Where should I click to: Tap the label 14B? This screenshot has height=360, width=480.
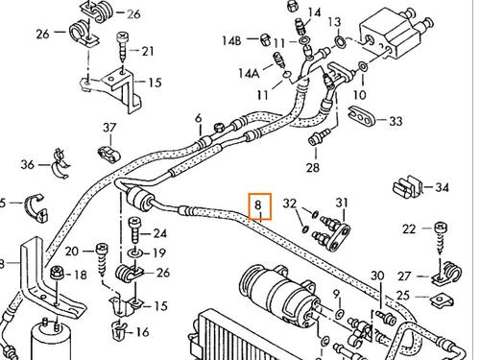point(232,40)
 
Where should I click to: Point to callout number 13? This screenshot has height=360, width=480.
point(334,22)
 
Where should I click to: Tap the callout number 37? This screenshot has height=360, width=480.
point(108,128)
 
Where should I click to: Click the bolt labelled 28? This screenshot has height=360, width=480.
point(313,144)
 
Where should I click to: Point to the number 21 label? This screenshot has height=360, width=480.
point(147,50)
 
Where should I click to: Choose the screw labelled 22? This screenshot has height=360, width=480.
point(441,229)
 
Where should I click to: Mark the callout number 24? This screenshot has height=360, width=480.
point(159,233)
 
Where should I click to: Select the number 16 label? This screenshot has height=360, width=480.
point(143,332)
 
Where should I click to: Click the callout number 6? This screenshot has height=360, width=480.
point(198,119)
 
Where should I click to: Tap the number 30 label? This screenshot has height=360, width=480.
point(376,276)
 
